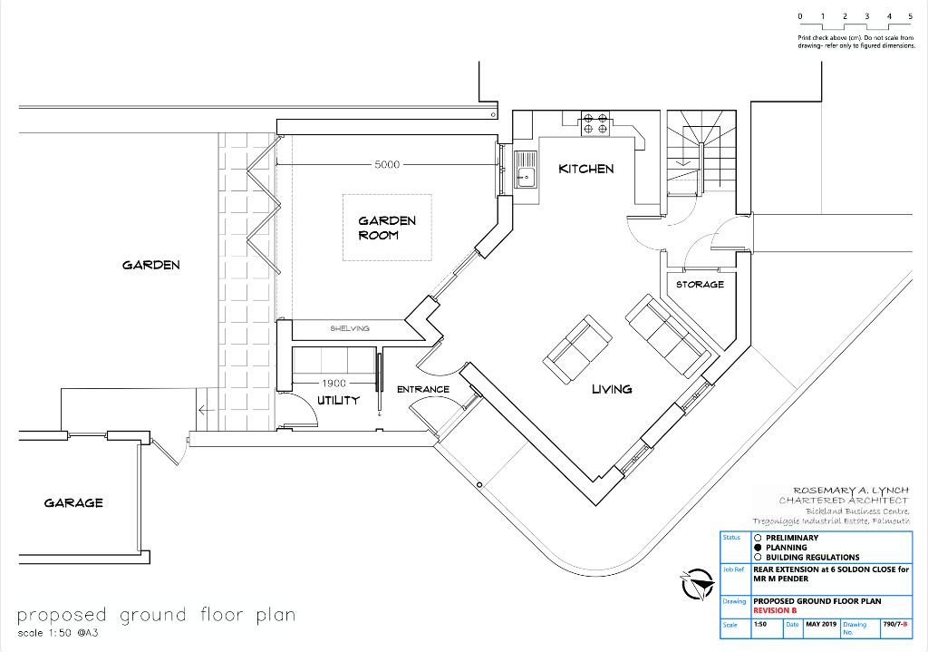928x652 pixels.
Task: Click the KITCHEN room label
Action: click(585, 169)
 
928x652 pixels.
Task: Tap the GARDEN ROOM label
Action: click(387, 228)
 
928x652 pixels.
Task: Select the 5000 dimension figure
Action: click(387, 165)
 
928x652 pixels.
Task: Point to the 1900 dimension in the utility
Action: click(334, 384)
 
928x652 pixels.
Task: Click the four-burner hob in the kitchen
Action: click(594, 123)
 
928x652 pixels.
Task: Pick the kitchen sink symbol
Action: click(526, 170)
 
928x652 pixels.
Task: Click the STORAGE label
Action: click(700, 285)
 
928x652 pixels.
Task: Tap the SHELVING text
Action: click(350, 328)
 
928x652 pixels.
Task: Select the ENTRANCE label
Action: click(423, 390)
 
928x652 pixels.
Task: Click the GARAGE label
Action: click(73, 502)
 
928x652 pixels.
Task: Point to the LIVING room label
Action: click(612, 389)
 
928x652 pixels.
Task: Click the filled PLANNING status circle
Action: click(758, 548)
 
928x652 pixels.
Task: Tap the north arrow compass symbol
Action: click(696, 582)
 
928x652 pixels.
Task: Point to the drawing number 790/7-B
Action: click(895, 625)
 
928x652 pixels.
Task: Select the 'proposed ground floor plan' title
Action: click(156, 615)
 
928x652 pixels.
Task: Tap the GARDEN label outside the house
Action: click(151, 265)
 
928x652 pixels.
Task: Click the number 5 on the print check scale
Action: click(910, 16)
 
